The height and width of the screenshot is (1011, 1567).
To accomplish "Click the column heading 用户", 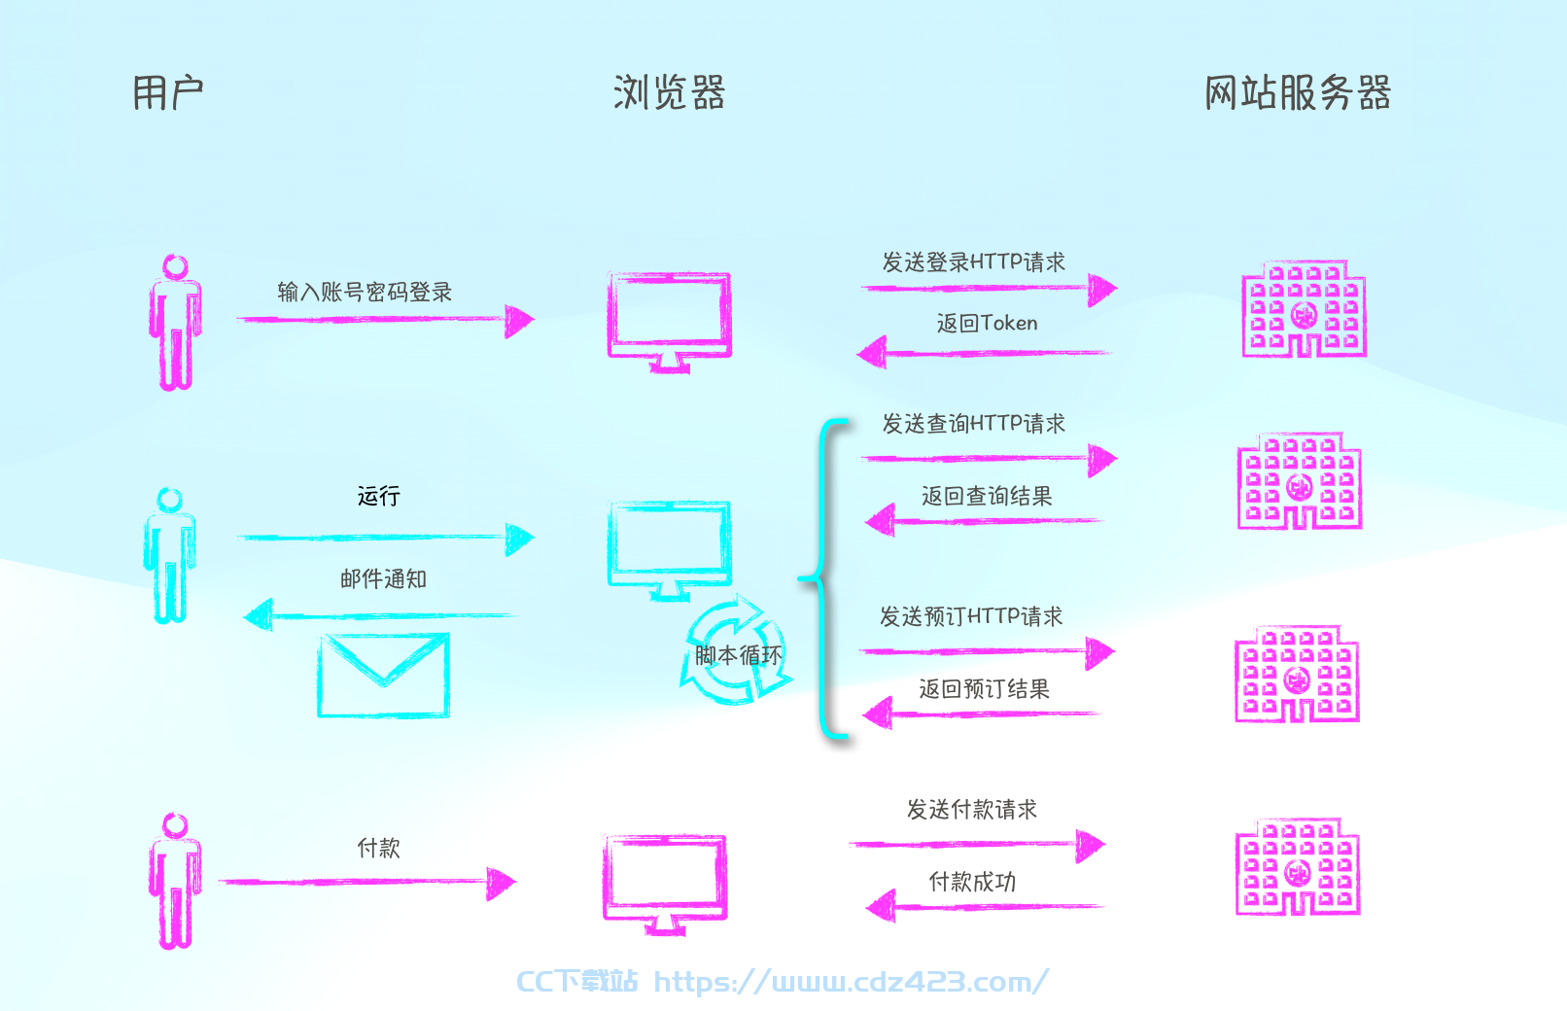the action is pos(168,93).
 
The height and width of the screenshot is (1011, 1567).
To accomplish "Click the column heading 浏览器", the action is pos(670,92).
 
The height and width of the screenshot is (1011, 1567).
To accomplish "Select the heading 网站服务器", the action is pos(1298,92).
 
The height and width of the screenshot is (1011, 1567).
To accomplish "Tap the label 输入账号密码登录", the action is pos(365,292).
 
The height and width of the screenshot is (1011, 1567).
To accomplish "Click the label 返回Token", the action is pos(987,323).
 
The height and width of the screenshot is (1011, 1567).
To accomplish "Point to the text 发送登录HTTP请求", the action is pos(973,261).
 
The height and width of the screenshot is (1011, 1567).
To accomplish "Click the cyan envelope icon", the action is pos(383,676).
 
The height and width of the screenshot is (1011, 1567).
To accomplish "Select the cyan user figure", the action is pos(169,555).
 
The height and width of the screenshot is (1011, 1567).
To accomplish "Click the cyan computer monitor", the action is pos(670,550).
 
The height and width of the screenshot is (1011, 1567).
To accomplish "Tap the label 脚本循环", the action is pos(738,655).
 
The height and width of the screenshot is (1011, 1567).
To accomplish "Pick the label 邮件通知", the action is pos(383,578).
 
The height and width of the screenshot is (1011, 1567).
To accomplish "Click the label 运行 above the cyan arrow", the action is pos(378,496).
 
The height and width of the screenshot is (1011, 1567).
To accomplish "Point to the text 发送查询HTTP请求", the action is pos(973,423).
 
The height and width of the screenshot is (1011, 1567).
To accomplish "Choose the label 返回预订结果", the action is pos(985,689).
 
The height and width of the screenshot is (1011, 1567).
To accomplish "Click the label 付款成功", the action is pos(972,882).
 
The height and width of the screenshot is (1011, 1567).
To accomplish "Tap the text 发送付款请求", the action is pos(972,809).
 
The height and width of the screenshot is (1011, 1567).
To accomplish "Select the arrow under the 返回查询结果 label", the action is pos(985,520).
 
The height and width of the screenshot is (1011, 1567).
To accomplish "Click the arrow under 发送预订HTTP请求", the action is pos(987,652).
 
